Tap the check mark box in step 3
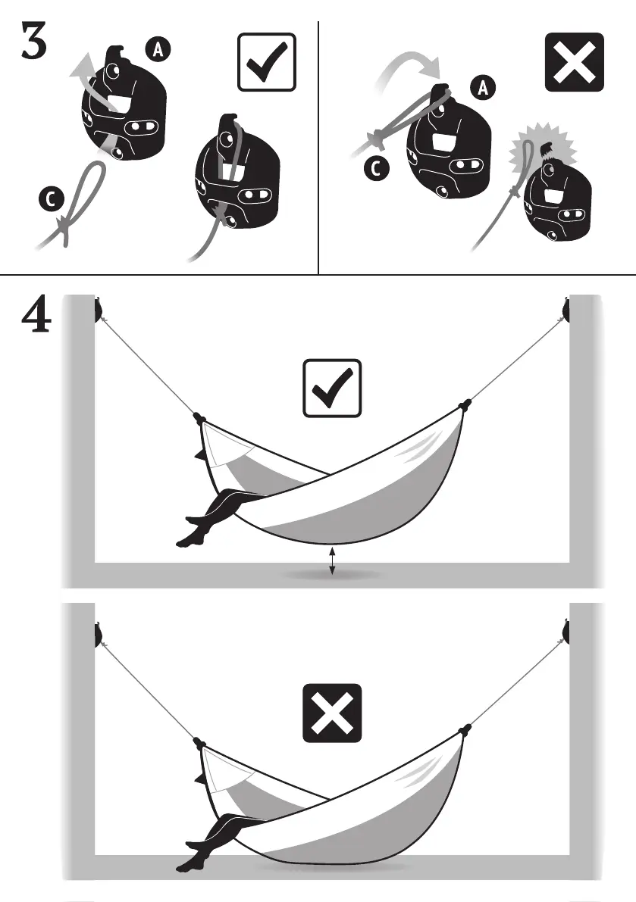(267, 63)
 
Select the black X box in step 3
(575, 63)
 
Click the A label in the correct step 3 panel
(158, 50)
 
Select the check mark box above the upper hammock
(332, 388)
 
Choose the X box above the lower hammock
(332, 713)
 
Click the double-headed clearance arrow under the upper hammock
(332, 561)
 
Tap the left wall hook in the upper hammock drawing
(98, 310)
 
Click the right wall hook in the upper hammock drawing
(567, 310)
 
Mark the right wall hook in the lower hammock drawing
(567, 632)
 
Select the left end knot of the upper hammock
(199, 417)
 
